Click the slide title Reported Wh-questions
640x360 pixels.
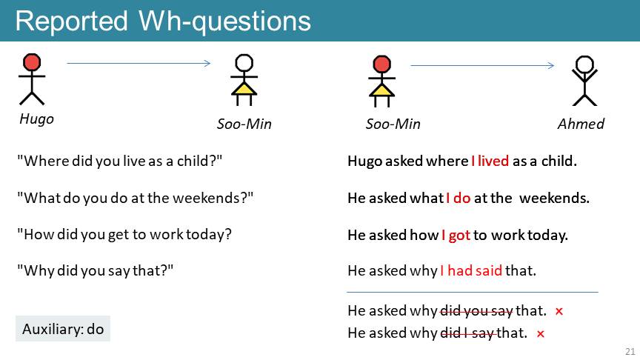tap(163, 21)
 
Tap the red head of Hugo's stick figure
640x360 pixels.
tap(32, 62)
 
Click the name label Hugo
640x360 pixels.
tap(37, 119)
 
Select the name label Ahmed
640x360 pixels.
tap(581, 124)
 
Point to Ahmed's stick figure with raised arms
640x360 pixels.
tap(584, 81)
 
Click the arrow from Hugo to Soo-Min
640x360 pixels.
tap(139, 63)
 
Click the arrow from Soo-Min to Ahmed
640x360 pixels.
tap(482, 65)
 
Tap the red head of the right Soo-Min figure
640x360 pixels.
tap(382, 64)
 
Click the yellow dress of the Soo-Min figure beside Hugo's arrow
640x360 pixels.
tap(244, 89)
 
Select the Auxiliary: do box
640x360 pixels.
tap(63, 329)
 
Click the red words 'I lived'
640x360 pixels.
tap(490, 161)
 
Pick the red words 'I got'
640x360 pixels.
tap(456, 235)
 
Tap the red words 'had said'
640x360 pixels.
tap(475, 270)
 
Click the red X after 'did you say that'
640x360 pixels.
tap(559, 311)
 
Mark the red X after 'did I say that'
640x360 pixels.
tap(541, 334)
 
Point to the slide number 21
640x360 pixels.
tap(630, 351)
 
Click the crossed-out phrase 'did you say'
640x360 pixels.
tap(476, 311)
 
